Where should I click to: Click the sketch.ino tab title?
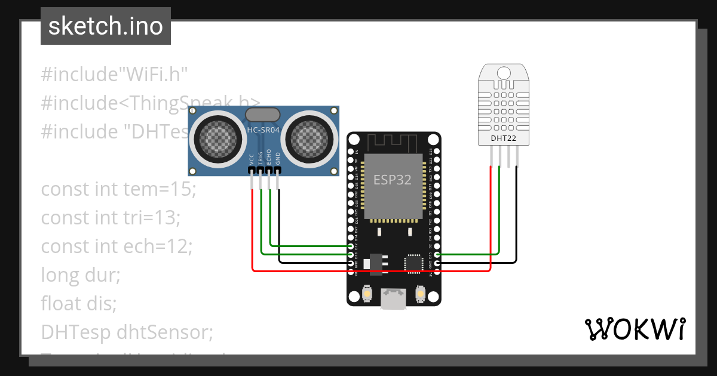(x=105, y=26)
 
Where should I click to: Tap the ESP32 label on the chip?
(x=392, y=180)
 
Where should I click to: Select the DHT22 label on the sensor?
(x=503, y=138)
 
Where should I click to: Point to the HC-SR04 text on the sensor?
(x=263, y=130)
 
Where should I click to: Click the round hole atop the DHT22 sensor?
(x=504, y=73)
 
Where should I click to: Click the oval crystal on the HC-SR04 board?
(x=263, y=114)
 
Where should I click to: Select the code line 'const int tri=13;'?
(x=111, y=218)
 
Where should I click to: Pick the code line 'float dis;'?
(x=78, y=304)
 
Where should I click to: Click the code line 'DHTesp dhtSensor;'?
(x=127, y=332)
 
